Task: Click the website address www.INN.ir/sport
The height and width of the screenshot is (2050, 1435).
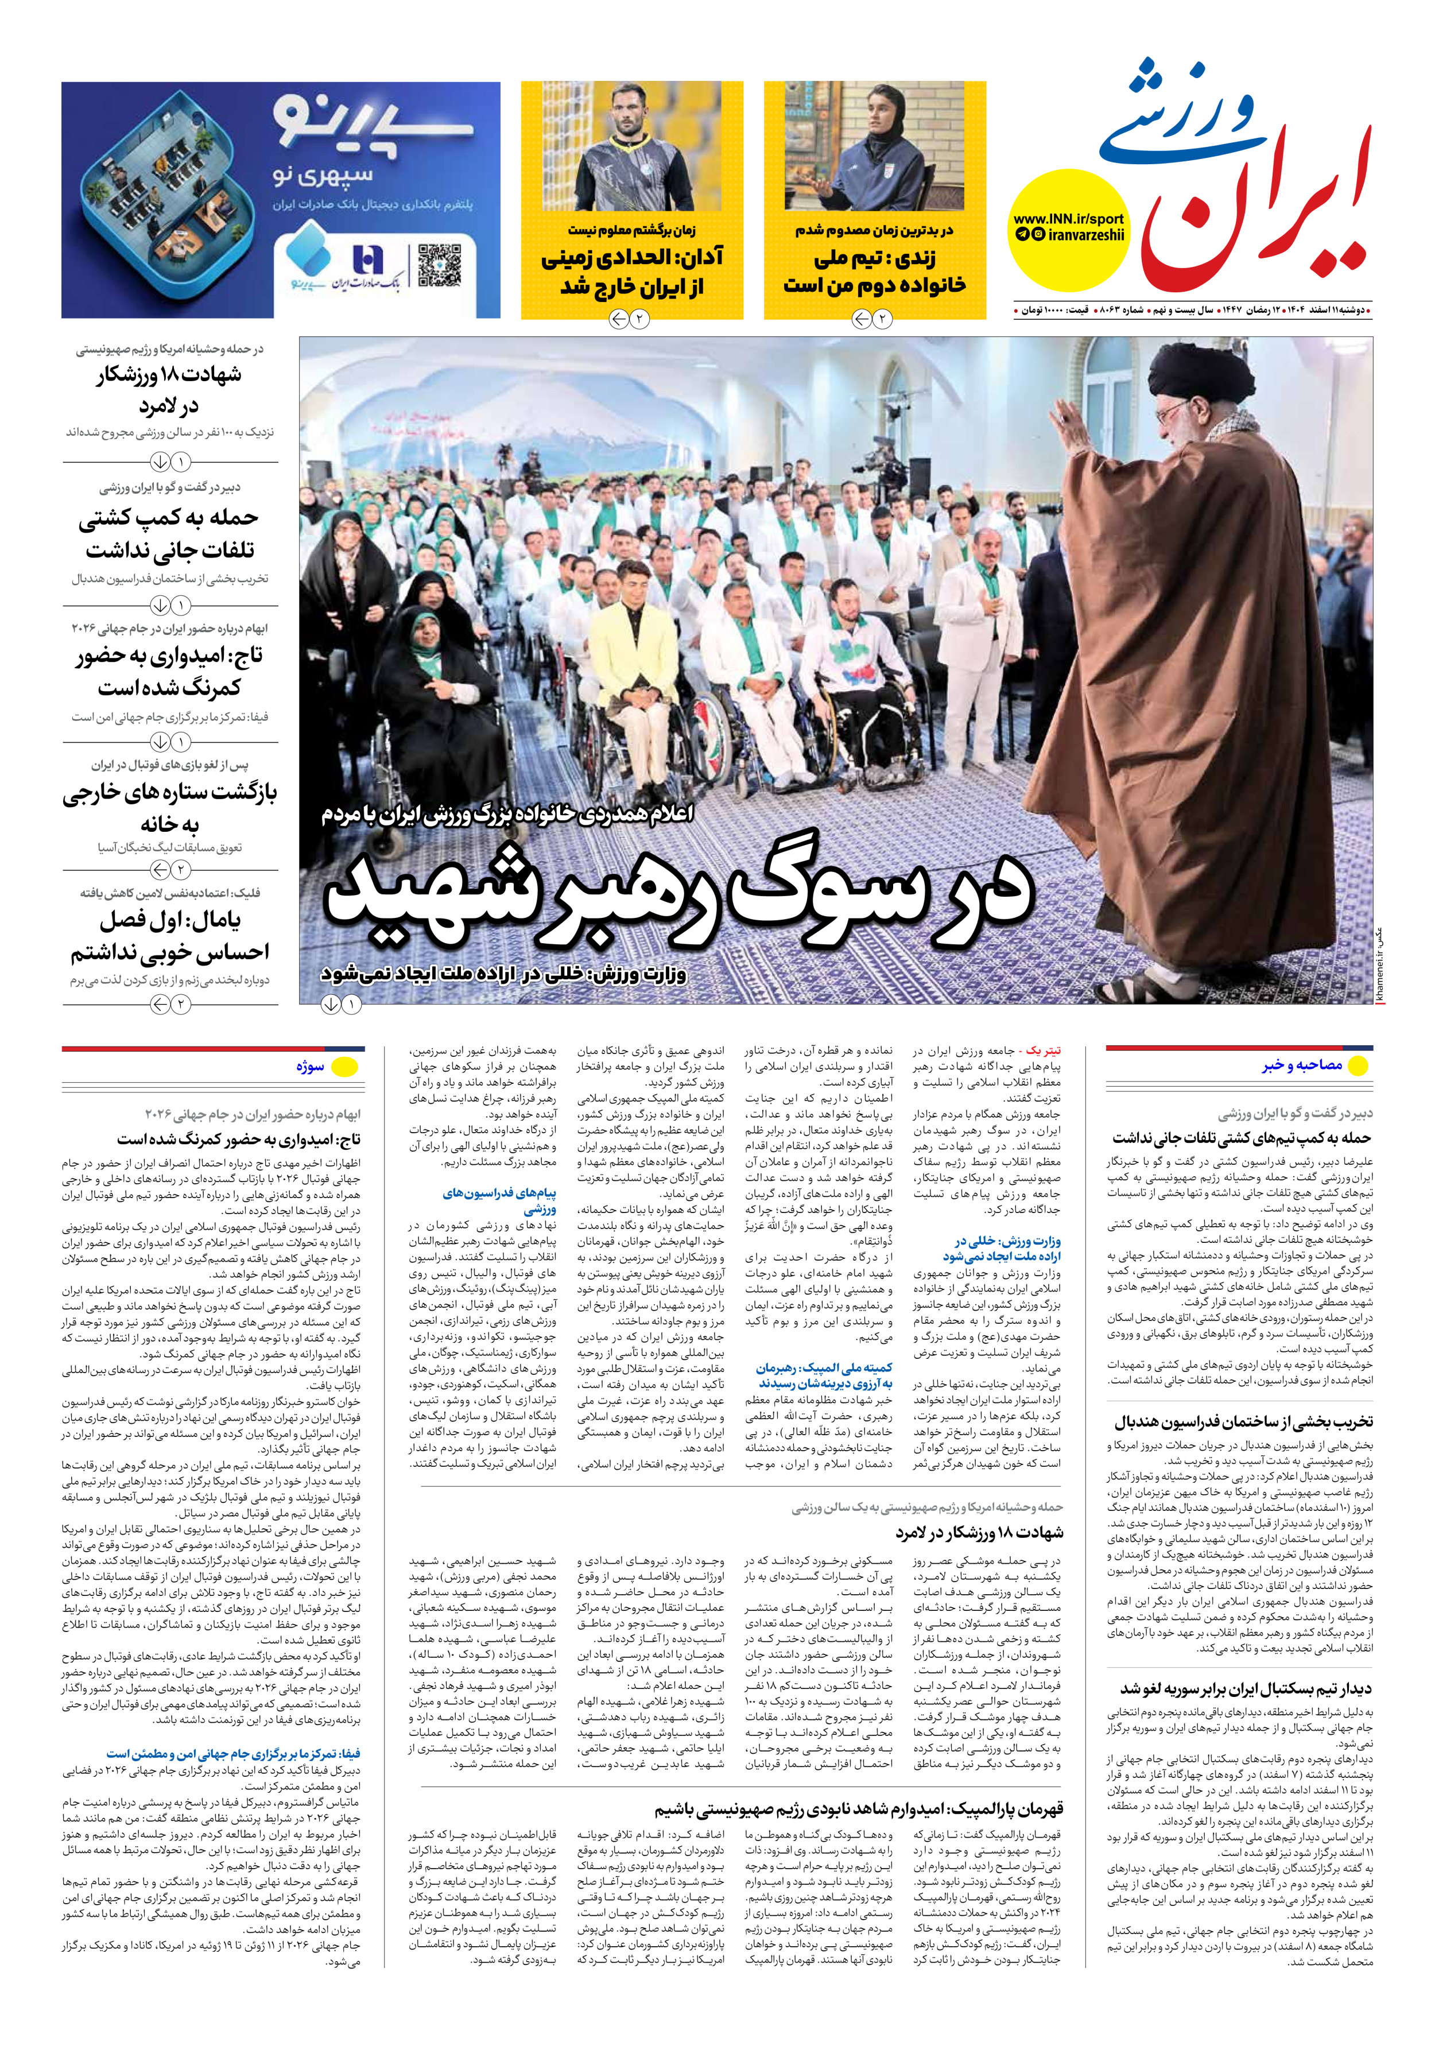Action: pyautogui.click(x=1068, y=219)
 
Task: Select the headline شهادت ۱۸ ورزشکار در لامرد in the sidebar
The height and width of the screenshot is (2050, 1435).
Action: pyautogui.click(x=170, y=390)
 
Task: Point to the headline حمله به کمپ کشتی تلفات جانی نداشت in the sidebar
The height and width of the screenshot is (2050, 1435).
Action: pyautogui.click(x=170, y=533)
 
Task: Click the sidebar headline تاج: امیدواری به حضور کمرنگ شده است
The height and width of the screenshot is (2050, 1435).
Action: pyautogui.click(x=170, y=672)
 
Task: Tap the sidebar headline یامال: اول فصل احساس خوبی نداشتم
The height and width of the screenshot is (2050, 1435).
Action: pyautogui.click(x=170, y=936)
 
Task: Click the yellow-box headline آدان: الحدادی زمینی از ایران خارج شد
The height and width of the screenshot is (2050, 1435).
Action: pyautogui.click(x=631, y=272)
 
